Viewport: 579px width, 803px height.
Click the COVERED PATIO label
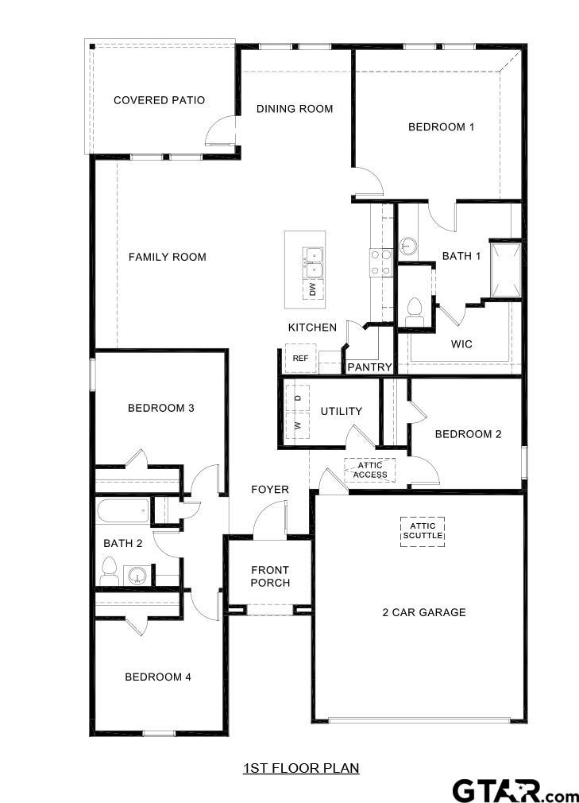coord(159,100)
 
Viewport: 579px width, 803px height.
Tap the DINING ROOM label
coord(294,108)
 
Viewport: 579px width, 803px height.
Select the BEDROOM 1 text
coord(441,126)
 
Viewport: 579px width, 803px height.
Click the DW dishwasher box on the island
coord(312,289)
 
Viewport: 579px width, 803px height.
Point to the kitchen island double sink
coord(312,256)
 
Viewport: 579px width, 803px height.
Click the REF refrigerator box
coord(300,359)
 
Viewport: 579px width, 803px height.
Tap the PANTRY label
coord(369,367)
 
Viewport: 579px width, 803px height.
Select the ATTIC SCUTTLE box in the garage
coord(422,531)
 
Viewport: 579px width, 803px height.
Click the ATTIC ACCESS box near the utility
coord(370,470)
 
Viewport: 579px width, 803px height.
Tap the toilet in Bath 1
coord(414,311)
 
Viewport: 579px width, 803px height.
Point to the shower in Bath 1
coord(505,269)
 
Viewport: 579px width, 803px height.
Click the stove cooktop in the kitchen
coord(380,262)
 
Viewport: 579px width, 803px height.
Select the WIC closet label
coord(461,344)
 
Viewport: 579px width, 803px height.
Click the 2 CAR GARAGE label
coord(423,612)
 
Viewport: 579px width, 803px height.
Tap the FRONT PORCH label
coord(270,576)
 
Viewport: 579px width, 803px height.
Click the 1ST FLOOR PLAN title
coord(301,768)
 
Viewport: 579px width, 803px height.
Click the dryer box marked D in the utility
coord(298,397)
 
